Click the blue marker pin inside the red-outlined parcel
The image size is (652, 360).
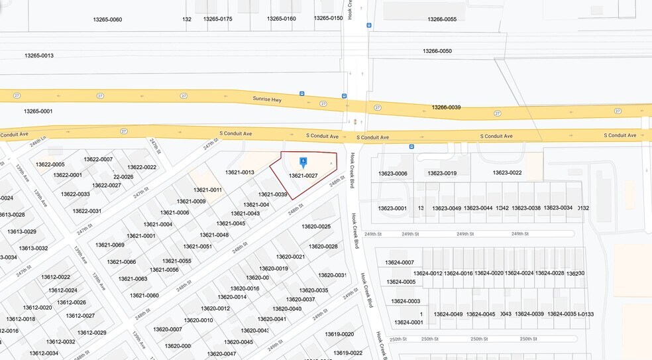pos(303,161)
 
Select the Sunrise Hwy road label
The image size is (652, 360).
pos(267,98)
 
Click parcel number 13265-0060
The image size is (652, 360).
pos(107,19)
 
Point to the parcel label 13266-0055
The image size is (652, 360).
pos(442,19)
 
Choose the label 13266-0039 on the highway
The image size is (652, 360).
pos(446,107)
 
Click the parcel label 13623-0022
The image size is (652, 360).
pos(507,173)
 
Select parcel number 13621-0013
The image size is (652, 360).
pos(240,172)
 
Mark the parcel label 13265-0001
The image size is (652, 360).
pos(38,111)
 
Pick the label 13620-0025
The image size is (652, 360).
pos(316,227)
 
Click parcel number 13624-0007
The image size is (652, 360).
pos(399,263)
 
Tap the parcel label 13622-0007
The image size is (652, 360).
pos(98,159)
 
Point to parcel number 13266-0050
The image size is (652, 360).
pos(437,51)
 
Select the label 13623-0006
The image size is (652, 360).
pos(392,173)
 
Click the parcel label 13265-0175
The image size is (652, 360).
pos(218,19)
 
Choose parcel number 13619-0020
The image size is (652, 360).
pos(339,334)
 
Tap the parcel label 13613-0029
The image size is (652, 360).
pos(23,231)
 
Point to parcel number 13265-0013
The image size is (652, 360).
pos(38,55)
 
